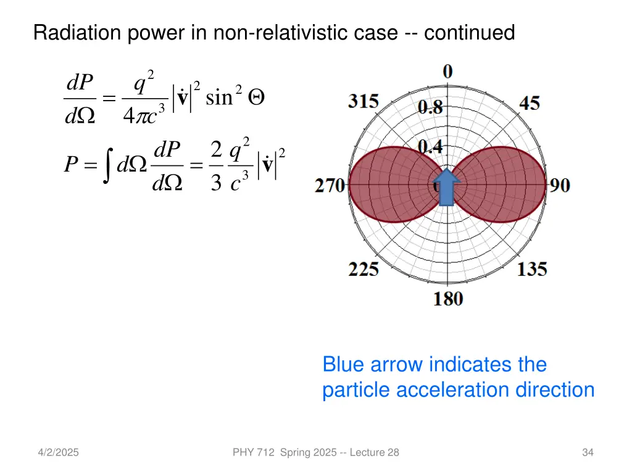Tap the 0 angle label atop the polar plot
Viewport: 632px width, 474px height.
448,72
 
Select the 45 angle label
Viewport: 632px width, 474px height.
529,102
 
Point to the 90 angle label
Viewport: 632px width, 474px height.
560,185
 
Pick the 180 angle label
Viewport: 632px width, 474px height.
448,299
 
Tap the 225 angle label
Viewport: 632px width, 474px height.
364,269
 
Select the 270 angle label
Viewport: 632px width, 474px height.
330,185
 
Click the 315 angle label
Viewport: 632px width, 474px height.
364,101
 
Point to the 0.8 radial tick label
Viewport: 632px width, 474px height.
430,109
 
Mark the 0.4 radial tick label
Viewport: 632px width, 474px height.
430,147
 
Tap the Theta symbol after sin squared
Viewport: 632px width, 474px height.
254,98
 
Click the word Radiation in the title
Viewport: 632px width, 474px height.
79,32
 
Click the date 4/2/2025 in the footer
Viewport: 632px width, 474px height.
58,453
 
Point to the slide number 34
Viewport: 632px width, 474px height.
588,453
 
